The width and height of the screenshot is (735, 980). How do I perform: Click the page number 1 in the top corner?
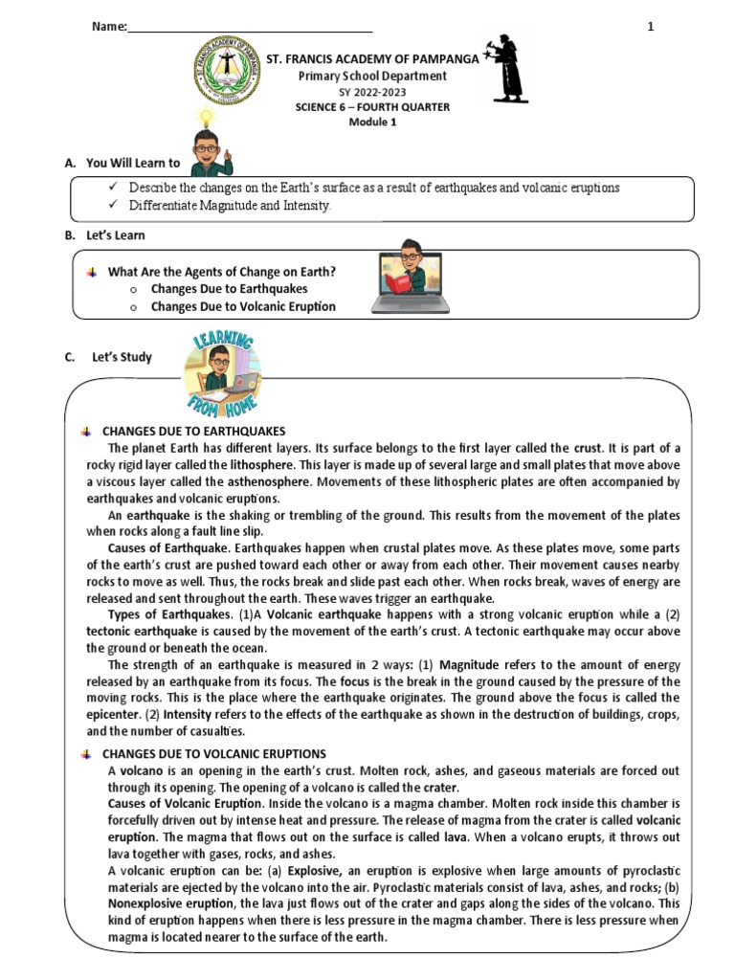tap(651, 27)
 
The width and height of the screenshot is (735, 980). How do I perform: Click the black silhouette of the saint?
tap(503, 69)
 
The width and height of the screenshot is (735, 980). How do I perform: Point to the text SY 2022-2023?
tap(371, 92)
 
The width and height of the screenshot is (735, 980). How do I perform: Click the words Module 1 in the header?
tap(371, 122)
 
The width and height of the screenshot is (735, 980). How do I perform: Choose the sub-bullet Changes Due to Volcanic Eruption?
tap(243, 306)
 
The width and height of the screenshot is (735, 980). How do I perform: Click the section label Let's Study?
tap(122, 358)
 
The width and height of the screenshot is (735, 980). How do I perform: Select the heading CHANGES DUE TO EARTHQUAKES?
tap(193, 432)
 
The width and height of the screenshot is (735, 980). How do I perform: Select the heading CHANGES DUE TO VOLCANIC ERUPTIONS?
tap(213, 754)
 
